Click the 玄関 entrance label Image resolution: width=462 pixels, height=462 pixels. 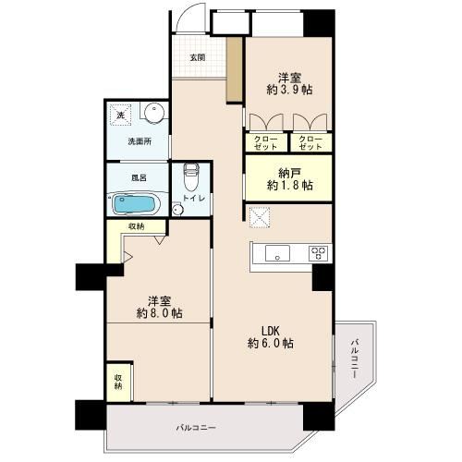pos(198,57)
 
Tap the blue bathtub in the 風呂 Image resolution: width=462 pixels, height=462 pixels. pos(135,203)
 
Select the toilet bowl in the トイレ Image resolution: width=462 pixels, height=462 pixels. pos(191,177)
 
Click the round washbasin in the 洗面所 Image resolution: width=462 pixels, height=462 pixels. pos(153,113)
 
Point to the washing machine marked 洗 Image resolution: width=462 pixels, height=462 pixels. pos(120,115)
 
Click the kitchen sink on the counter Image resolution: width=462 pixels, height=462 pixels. pos(277,253)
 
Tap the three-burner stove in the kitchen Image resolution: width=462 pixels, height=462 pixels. pos(317,254)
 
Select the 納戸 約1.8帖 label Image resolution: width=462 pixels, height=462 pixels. pos(289,179)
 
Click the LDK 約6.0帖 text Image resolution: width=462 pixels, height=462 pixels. pos(271,337)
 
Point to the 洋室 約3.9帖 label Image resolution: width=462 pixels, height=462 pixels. pos(289,84)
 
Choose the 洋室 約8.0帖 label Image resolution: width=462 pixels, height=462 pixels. pos(160,307)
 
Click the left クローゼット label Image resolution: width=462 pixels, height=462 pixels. pos(266,143)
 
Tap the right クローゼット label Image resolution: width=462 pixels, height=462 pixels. pos(310,143)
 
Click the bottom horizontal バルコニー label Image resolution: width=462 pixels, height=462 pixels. pos(196,428)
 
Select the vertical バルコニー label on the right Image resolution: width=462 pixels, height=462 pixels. pos(354,359)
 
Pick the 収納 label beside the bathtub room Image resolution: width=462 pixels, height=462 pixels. pos(137,226)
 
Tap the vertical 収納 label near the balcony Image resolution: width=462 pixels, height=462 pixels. pos(118,382)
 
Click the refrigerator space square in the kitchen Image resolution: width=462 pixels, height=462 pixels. pos(260,217)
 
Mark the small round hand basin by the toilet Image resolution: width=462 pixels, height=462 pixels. pos(177,210)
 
